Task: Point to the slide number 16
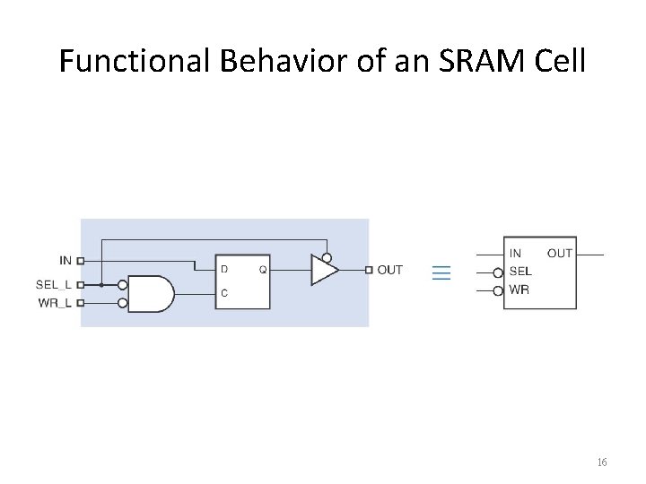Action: click(x=601, y=462)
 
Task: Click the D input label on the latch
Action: click(x=224, y=269)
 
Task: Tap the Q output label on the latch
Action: click(x=262, y=269)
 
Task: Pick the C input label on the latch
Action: click(x=224, y=293)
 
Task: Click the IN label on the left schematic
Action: click(x=65, y=261)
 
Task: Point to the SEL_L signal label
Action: click(x=54, y=284)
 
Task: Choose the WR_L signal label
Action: click(x=55, y=303)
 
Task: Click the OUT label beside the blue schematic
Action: click(x=390, y=270)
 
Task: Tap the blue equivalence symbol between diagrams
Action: click(x=441, y=272)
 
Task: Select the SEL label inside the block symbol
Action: click(x=520, y=272)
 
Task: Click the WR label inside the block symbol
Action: click(x=519, y=290)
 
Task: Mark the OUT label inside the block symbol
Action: click(x=560, y=254)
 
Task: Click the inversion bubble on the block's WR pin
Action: click(x=498, y=290)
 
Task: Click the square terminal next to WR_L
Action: click(x=81, y=303)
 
